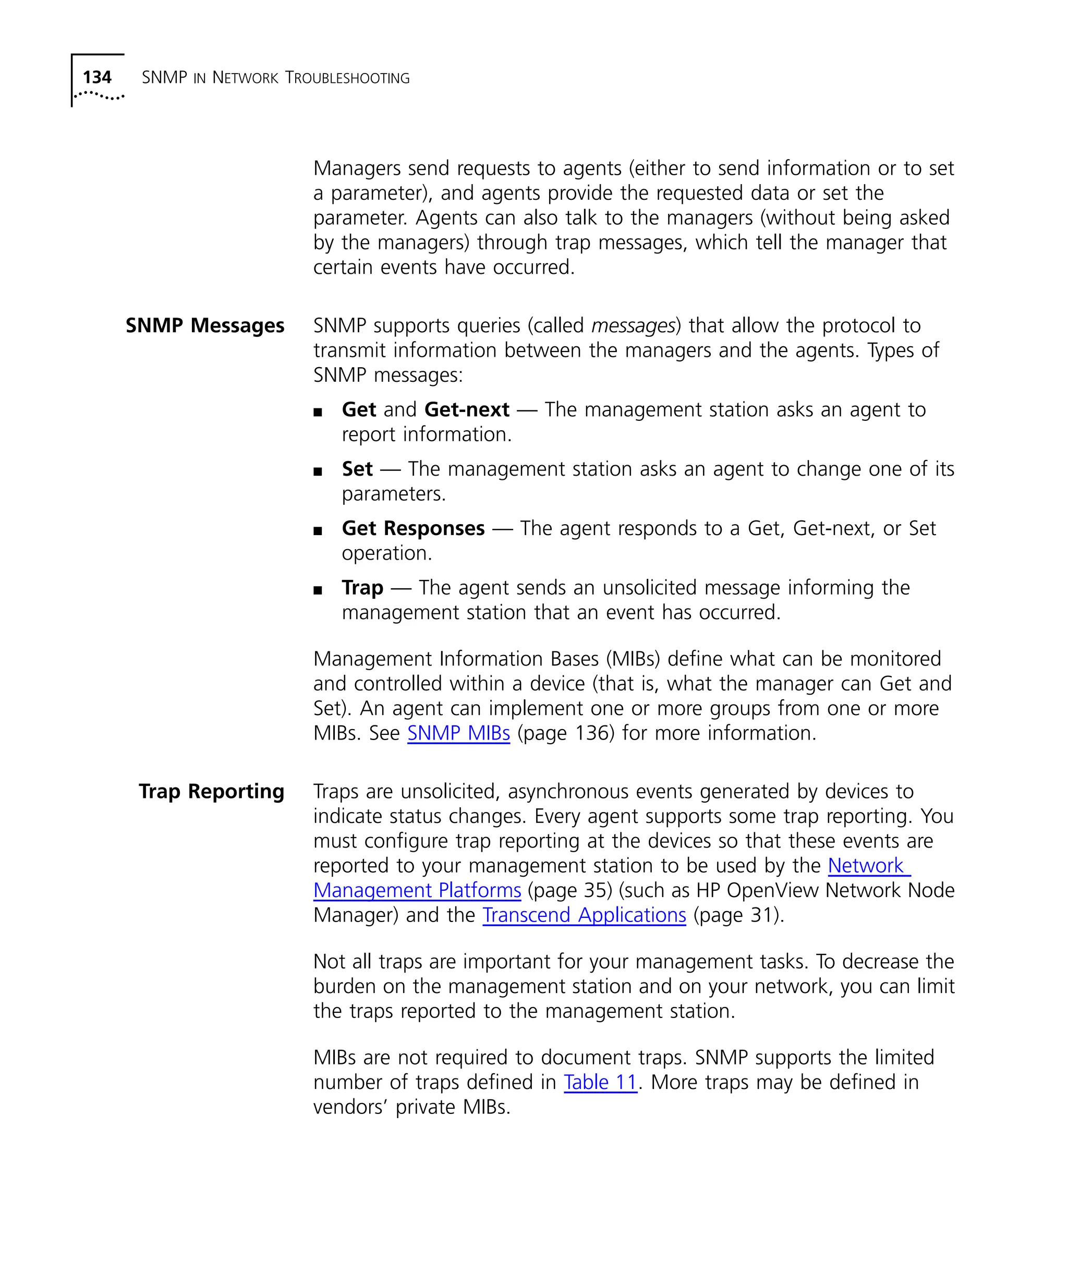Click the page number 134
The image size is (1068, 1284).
tap(96, 78)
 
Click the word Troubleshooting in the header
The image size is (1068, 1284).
tap(347, 78)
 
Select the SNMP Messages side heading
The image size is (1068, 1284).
tap(205, 326)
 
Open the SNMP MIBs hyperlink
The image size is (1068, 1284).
tap(458, 733)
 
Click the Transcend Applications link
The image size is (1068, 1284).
tap(584, 915)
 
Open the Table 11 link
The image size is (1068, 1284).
tap(600, 1082)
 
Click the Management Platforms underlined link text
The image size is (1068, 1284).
tap(417, 891)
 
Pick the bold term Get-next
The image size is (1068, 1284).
tap(466, 409)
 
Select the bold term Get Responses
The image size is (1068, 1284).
tap(413, 528)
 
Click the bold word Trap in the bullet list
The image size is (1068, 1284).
tap(362, 588)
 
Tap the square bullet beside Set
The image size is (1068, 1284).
tap(317, 471)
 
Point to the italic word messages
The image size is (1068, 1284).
tap(632, 326)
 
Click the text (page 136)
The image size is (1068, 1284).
tap(565, 733)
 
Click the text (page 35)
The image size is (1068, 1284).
tap(570, 891)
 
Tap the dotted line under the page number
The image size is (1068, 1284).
tap(99, 95)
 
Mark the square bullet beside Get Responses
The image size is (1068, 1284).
tap(317, 531)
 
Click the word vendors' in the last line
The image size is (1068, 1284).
tap(350, 1107)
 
